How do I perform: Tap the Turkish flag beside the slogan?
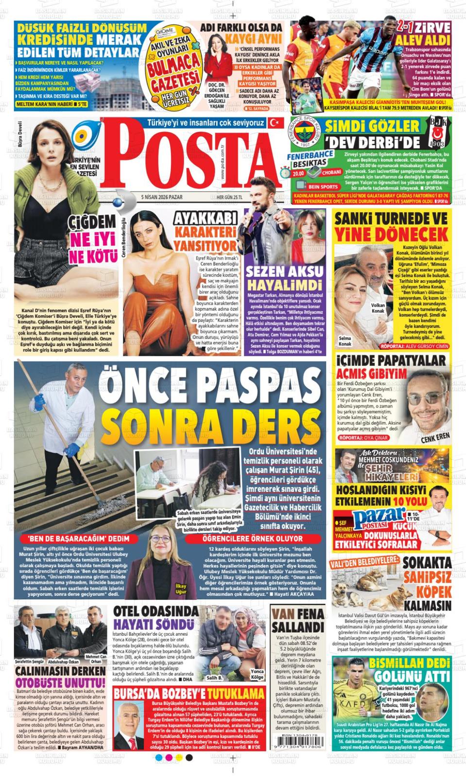(276, 123)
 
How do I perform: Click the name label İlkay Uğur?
(181, 589)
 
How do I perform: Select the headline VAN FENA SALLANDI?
(297, 619)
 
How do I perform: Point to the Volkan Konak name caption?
(378, 308)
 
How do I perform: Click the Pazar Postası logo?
(380, 518)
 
